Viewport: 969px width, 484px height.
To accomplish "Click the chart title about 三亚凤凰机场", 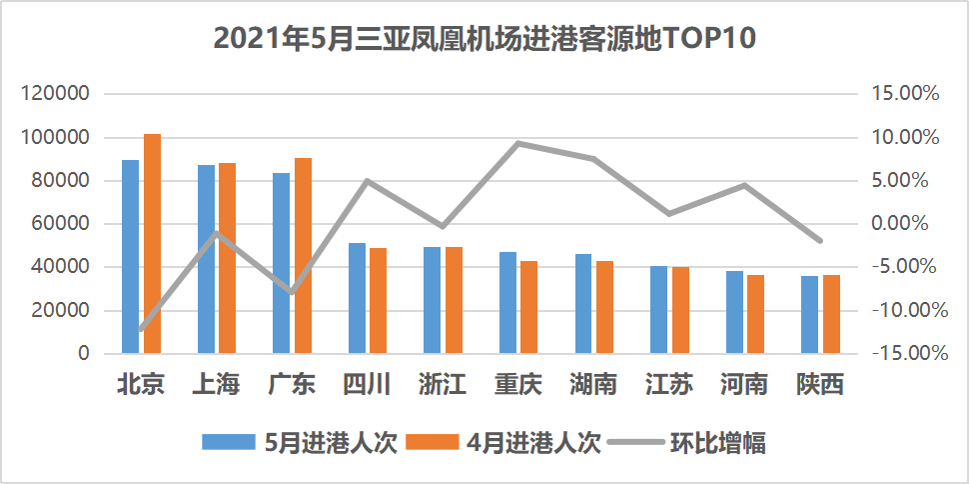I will pos(484,39).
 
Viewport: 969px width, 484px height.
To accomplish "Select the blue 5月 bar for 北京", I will pos(131,257).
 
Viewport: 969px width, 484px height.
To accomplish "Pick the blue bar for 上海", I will pos(206,259).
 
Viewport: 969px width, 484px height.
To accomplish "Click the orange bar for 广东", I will pos(303,256).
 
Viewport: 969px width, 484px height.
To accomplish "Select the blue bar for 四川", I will pos(357,298).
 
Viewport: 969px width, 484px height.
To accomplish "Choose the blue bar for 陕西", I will pos(810,314).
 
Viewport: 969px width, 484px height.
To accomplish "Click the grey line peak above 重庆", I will pos(518,143).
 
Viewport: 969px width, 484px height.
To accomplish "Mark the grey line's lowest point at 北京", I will pos(141,329).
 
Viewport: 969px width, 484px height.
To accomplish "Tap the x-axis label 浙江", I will pos(443,384).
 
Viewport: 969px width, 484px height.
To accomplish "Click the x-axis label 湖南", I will pos(593,384).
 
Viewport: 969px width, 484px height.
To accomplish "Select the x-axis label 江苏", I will pos(669,384).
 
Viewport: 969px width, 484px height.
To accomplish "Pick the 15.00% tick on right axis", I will pos(908,94).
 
